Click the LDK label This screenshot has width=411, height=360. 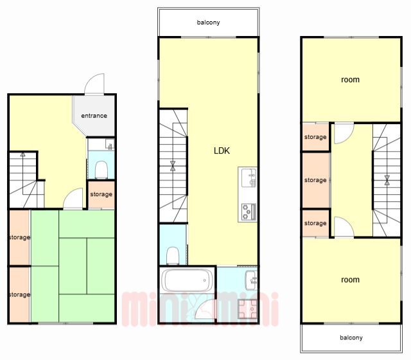coord(222,150)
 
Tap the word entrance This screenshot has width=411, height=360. coord(94,116)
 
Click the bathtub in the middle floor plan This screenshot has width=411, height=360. coord(187,280)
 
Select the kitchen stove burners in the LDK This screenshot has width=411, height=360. coord(249,212)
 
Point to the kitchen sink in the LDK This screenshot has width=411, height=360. coord(249,178)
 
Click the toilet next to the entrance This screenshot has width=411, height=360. coord(101,170)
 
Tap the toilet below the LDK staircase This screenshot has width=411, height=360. coord(173,256)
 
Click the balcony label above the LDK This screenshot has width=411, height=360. coord(208,22)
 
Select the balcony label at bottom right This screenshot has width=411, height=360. coord(351,337)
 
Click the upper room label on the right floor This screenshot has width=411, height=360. coord(350,80)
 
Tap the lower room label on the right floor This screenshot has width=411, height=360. coord(350,280)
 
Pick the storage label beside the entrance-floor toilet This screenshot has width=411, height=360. coord(101,194)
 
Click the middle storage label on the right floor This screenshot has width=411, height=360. coord(315,180)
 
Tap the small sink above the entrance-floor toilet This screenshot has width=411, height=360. coord(110,144)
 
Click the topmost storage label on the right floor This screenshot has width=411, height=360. coord(315,137)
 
